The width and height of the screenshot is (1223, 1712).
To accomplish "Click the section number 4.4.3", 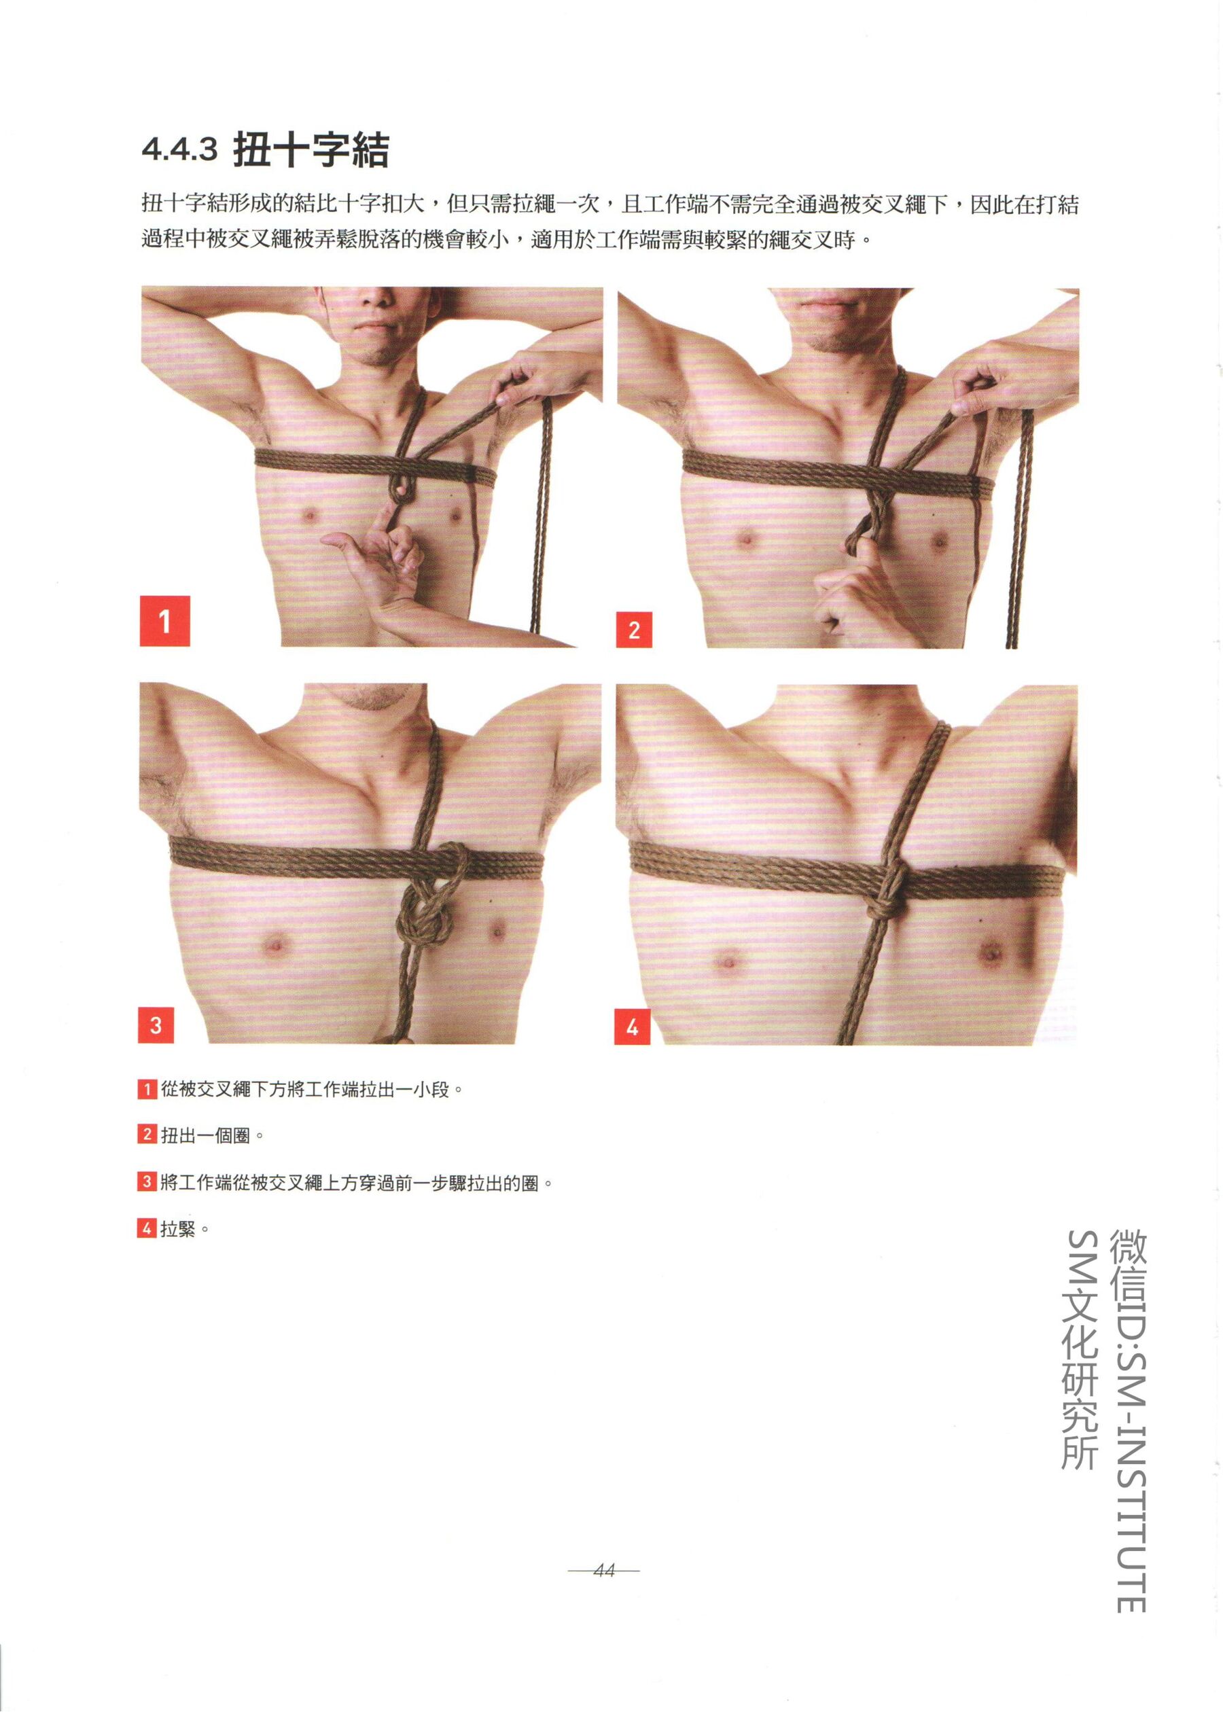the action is [179, 150].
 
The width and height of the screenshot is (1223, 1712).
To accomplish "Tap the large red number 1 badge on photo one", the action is [165, 621].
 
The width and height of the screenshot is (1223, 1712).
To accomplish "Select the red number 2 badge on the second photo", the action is [634, 629].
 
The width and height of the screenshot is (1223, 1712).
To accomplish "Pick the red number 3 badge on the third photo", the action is [156, 1024].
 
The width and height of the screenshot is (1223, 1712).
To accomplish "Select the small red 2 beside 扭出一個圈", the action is [147, 1135].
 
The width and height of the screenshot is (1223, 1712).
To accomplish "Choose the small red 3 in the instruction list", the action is [147, 1182].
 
